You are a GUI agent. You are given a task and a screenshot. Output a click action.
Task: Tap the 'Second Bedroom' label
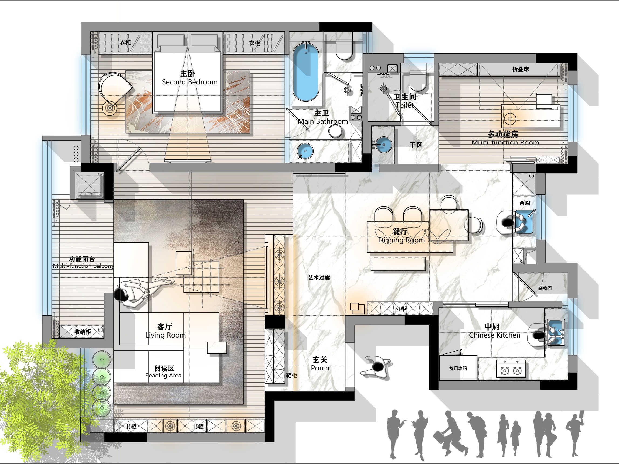coord(190,82)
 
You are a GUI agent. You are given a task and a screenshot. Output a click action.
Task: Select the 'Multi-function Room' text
coord(505,143)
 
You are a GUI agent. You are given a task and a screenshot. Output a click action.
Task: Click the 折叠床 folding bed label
coord(521,69)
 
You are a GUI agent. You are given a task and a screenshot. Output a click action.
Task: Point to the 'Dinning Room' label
coord(401,240)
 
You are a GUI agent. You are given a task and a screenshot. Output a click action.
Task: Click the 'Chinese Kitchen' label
coord(495,335)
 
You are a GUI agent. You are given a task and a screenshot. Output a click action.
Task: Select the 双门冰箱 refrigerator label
coord(458,368)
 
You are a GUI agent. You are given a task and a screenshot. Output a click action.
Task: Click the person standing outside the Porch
coord(376,367)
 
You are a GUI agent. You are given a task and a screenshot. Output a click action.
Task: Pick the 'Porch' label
coord(320,368)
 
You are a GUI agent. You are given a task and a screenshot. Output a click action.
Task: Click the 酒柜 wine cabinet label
coord(400,309)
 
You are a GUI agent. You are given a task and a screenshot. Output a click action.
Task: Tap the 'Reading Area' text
coord(163,375)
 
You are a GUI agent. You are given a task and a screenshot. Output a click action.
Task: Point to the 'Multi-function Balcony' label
coord(83,266)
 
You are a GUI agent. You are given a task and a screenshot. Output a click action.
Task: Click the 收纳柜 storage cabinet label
coord(83,332)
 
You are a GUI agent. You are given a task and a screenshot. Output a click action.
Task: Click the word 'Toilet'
coord(405,105)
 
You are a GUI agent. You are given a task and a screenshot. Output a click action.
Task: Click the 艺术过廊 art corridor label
coord(319,277)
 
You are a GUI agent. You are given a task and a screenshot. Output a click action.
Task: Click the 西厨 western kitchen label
coord(525,203)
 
